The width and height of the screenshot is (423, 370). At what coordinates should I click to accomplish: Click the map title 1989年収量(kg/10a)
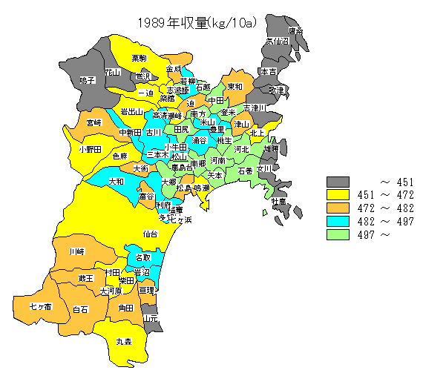(197, 22)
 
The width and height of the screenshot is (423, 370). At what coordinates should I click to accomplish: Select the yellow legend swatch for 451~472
(338, 196)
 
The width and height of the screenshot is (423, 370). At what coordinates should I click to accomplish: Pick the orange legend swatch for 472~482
(338, 209)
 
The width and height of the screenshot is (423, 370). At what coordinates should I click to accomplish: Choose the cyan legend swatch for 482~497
(338, 222)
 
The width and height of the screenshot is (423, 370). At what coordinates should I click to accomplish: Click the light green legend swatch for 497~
(338, 236)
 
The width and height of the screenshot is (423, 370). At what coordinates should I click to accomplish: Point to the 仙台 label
(150, 234)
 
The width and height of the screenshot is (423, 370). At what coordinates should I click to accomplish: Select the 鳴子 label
(87, 79)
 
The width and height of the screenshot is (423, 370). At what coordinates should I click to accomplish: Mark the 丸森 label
(123, 342)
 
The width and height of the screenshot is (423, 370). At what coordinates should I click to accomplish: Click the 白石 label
(80, 308)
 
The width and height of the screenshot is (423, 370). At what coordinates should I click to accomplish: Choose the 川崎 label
(76, 252)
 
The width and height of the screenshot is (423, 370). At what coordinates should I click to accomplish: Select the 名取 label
(142, 257)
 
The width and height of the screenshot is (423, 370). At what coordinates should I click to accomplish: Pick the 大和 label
(117, 181)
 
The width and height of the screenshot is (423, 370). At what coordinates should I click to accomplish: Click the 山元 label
(151, 319)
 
